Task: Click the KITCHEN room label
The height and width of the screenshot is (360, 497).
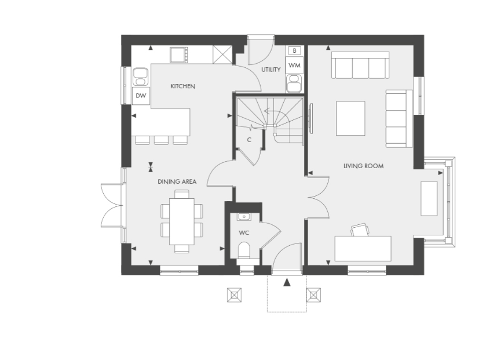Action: point(182,86)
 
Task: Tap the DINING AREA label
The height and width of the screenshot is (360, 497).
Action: point(177,182)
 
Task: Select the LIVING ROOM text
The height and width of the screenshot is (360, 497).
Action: point(364,166)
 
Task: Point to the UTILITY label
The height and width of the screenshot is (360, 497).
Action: point(271,70)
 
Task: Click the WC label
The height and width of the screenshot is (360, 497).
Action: point(244,233)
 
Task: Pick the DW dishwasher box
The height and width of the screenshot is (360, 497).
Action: point(141,95)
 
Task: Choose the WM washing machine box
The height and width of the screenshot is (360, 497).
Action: point(294,66)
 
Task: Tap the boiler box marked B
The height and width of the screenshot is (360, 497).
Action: point(294,50)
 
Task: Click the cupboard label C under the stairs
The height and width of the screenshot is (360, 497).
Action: point(249,140)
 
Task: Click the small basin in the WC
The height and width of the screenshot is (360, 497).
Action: point(244,217)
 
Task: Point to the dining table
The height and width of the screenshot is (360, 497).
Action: point(182,221)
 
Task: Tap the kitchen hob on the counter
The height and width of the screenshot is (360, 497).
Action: point(179,55)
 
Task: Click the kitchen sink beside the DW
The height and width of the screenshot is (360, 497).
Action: point(140,77)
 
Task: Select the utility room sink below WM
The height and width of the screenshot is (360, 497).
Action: point(294,83)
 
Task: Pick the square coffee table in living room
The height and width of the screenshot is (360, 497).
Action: point(350,118)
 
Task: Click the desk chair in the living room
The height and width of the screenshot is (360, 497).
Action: point(360,230)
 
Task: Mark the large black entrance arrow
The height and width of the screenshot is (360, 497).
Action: point(287,282)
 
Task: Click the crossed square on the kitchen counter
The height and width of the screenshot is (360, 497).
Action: point(222,54)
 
